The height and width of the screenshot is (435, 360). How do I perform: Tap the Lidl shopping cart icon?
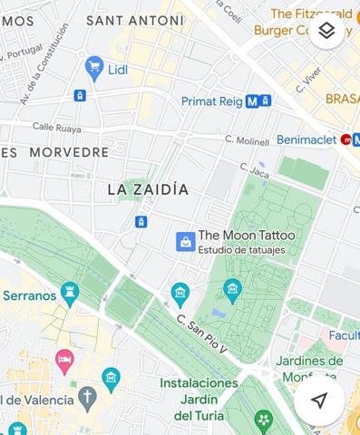point(94,65)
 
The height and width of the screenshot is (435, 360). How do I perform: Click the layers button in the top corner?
point(327,31)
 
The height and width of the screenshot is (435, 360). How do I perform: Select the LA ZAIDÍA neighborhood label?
point(148,189)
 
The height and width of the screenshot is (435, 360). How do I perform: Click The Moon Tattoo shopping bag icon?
point(186,241)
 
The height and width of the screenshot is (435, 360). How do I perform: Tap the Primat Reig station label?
point(212,101)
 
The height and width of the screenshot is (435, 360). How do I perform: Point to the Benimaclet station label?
point(306,140)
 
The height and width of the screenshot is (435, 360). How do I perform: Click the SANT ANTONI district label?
point(134,20)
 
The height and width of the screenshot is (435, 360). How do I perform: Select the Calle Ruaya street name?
point(57,127)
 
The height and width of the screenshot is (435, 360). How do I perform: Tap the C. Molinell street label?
point(248,140)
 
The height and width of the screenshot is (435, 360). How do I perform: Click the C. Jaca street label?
point(255,169)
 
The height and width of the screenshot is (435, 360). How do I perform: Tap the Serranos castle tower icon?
point(70,292)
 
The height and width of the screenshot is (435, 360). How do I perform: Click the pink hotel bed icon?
point(64,362)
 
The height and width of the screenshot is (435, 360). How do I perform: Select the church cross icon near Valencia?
point(87,397)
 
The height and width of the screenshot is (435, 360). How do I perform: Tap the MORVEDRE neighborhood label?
point(68,152)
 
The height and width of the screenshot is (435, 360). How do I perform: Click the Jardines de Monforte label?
point(322,368)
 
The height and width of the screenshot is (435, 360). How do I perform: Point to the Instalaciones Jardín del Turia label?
point(199,399)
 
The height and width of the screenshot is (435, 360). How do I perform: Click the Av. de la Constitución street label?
point(44,63)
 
